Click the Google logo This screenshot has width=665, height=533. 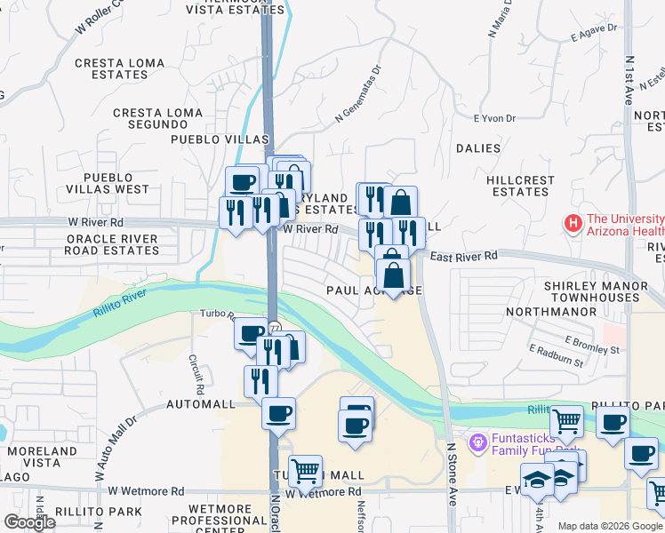point(30,522)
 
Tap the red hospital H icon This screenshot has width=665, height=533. point(573,223)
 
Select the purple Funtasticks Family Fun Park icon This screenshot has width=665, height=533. point(478,440)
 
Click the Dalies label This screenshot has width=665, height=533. point(477,148)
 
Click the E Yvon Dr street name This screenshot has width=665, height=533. point(494,118)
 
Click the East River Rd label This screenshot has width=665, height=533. point(465,256)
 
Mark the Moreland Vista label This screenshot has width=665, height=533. point(41,457)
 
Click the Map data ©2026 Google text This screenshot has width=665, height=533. point(608,526)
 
